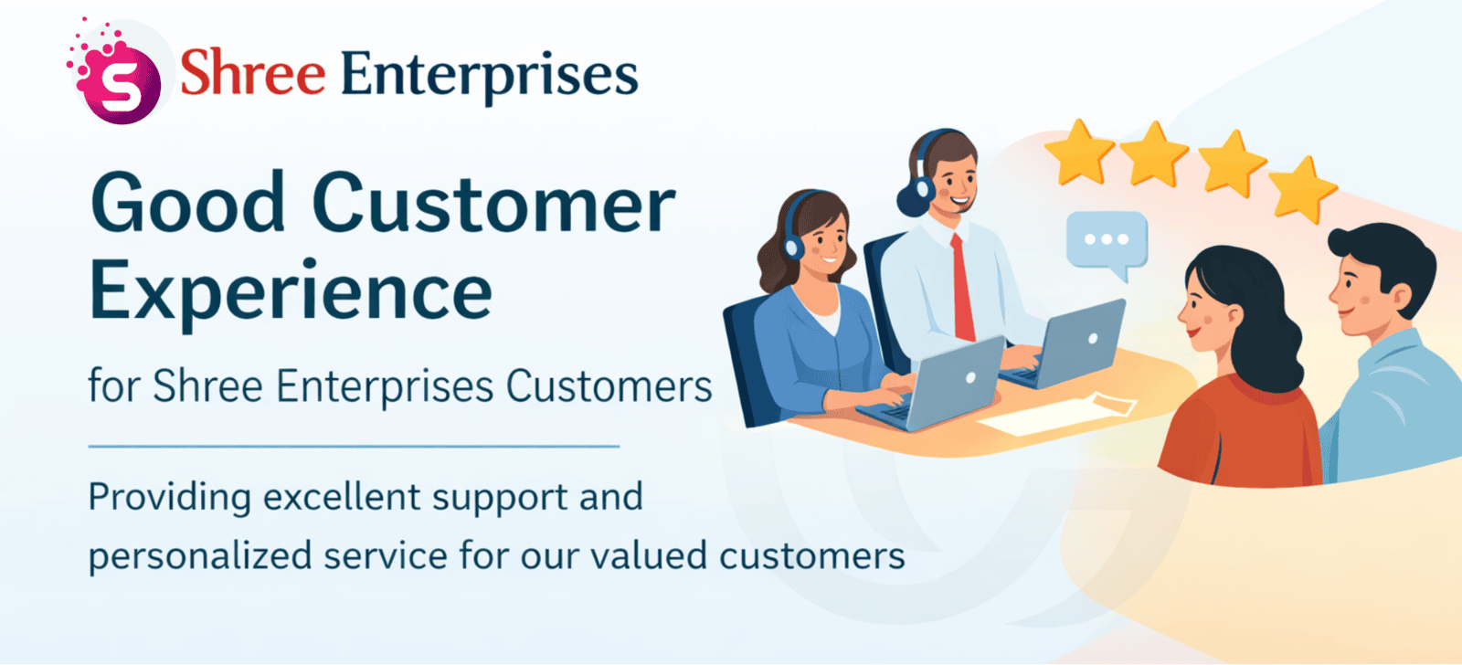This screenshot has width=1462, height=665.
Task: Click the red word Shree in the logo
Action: tap(252, 72)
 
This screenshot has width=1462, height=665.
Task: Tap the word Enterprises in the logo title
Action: tap(490, 77)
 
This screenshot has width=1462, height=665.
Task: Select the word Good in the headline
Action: tap(188, 202)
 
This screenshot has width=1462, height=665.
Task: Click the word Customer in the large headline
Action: tap(494, 203)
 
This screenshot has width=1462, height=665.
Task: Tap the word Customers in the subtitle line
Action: tap(609, 386)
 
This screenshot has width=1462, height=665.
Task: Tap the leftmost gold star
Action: tap(1080, 152)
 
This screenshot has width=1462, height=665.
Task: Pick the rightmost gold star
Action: tap(1303, 190)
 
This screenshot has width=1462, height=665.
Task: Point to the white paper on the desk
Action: tap(1056, 414)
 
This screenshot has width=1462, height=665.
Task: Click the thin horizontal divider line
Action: tap(354, 447)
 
